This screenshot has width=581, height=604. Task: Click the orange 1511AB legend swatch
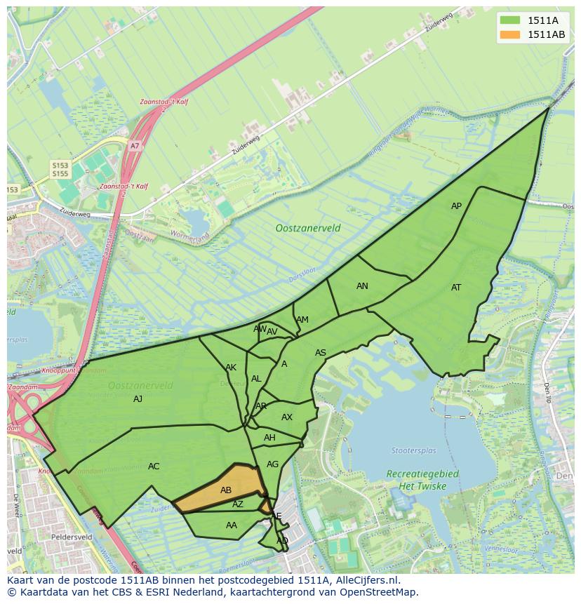(510, 34)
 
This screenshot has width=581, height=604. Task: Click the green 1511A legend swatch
(510, 20)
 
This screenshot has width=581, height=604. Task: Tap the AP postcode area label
(456, 206)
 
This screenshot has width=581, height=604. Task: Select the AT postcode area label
(456, 288)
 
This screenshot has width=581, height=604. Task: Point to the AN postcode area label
(362, 286)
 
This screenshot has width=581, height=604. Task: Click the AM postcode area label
(302, 320)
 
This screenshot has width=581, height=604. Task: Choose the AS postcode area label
(321, 353)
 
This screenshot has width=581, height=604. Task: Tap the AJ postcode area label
(138, 399)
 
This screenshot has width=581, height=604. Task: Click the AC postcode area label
(154, 467)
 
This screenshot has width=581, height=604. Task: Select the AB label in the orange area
(226, 490)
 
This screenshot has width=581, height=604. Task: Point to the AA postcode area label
(232, 525)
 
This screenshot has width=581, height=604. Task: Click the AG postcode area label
(273, 464)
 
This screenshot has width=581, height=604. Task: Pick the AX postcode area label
(287, 417)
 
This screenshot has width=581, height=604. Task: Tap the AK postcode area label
(231, 368)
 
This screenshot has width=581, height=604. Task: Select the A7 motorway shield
(135, 146)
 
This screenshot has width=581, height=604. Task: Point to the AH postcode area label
(269, 438)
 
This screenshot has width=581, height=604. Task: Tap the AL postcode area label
(256, 379)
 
